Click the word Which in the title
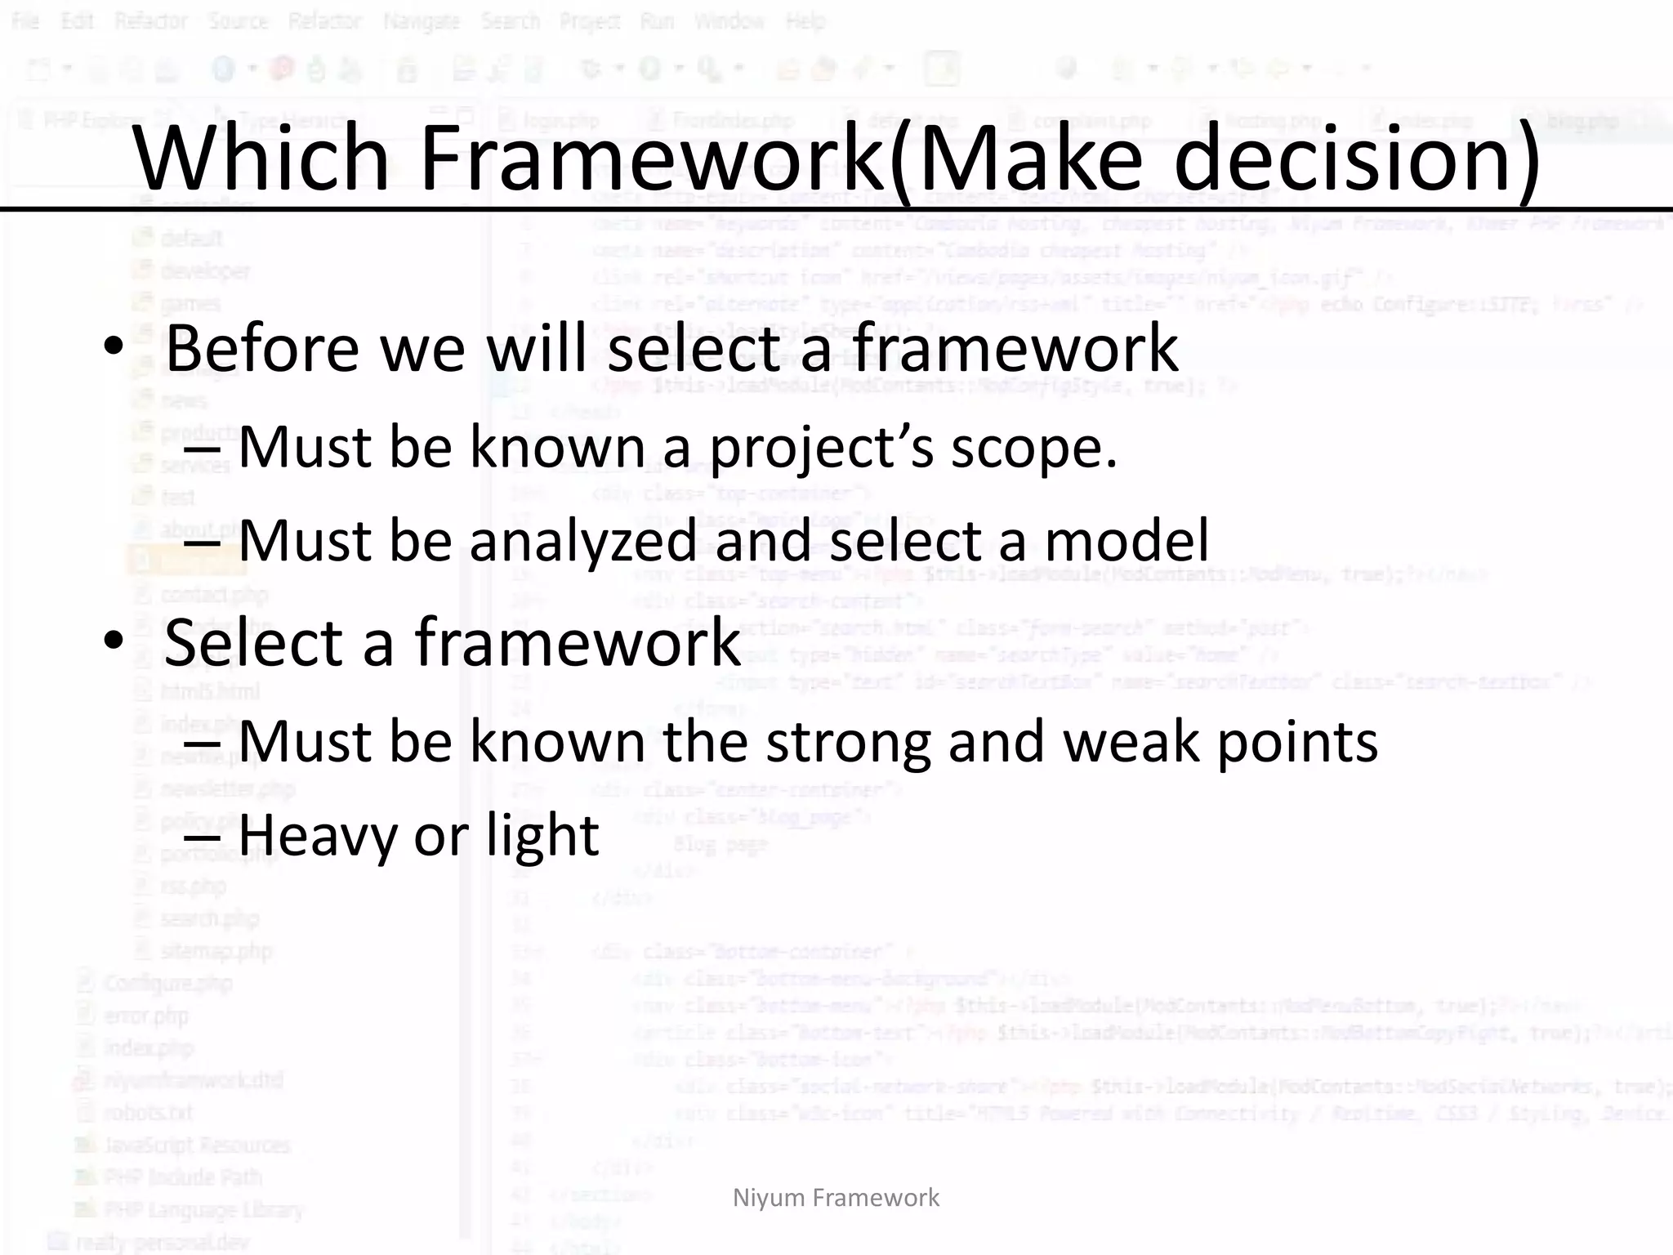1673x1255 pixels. (x=261, y=157)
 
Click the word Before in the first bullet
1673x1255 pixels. (x=261, y=348)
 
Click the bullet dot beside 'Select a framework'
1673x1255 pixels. (x=114, y=641)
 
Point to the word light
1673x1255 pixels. (x=542, y=835)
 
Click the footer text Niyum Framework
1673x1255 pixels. (x=836, y=1198)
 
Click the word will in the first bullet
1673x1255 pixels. (x=538, y=348)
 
